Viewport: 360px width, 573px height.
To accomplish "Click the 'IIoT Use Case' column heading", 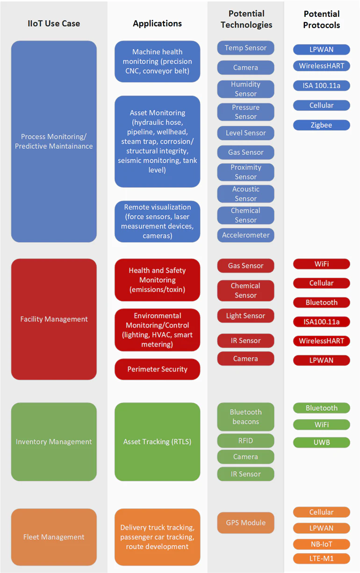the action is [x=54, y=23].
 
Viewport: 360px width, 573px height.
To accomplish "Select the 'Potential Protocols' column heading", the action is [x=321, y=20].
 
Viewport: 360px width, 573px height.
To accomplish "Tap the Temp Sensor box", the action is [x=245, y=48].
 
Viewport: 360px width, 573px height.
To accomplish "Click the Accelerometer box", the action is [x=245, y=235].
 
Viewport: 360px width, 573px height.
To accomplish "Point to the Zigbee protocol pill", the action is [x=321, y=125].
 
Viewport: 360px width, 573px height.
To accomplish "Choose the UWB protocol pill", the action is [x=321, y=442].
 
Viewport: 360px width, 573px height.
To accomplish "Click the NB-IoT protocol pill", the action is [x=321, y=544].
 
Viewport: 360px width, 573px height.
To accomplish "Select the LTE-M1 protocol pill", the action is [x=321, y=558].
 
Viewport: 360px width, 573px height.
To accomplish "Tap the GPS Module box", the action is [x=245, y=522].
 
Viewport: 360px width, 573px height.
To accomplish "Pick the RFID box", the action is [x=245, y=441].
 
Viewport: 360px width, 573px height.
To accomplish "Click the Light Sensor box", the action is [x=245, y=316].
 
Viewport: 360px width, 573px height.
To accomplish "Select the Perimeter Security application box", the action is [x=157, y=369].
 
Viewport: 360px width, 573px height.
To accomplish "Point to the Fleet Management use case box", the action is [x=54, y=537].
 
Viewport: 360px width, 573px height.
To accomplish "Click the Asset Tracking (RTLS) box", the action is [x=157, y=442].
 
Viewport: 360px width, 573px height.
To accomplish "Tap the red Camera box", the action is [x=245, y=358].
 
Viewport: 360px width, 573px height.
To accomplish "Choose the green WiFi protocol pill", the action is [x=321, y=425].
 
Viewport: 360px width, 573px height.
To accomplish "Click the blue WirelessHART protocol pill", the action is [x=321, y=66].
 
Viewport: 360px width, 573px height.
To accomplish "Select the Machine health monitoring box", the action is [x=157, y=61].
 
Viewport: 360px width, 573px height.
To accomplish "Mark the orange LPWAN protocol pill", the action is [x=321, y=528].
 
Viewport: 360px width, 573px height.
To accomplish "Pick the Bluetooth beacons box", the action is [x=245, y=417].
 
